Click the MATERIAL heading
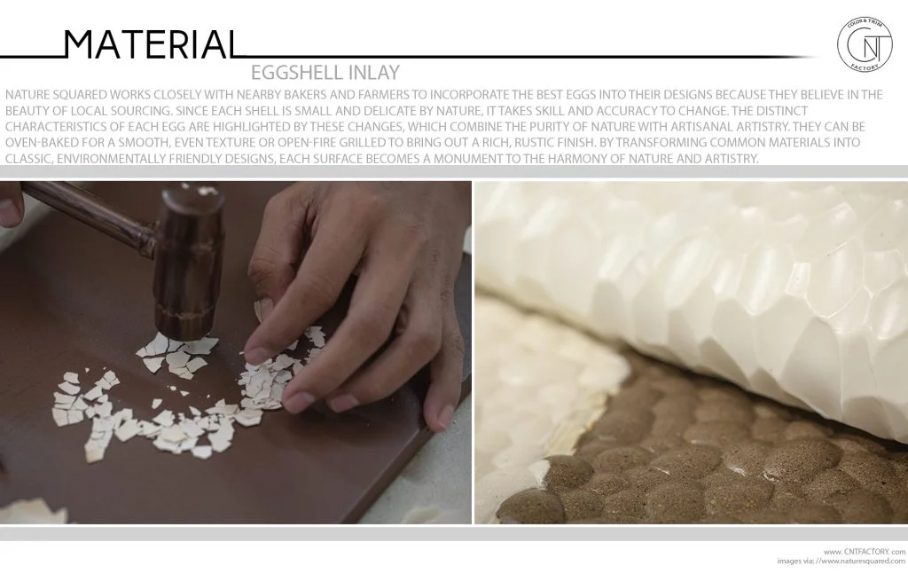coord(151,44)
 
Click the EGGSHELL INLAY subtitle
coord(325,73)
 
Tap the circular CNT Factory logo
coord(865,43)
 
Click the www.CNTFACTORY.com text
coord(858,550)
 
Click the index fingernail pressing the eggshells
coord(258,355)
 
